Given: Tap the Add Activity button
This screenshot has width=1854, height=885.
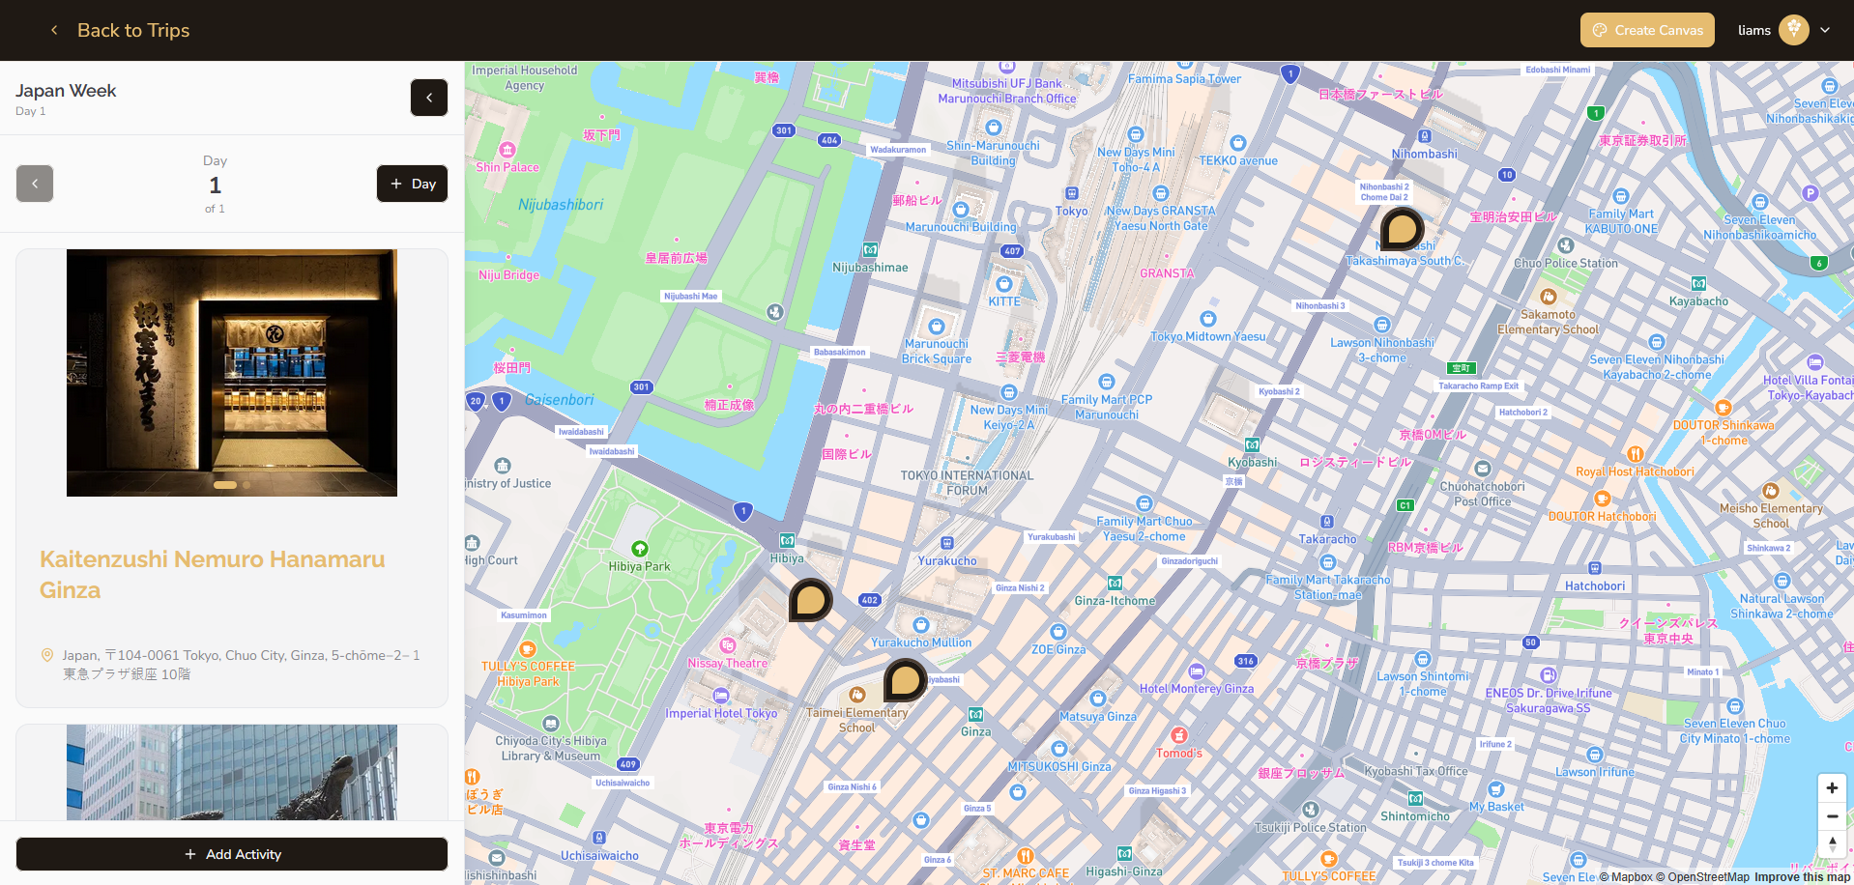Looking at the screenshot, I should point(232,854).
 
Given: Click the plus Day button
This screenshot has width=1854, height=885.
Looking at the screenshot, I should point(413,184).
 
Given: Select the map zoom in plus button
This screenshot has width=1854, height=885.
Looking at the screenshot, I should point(1832,787).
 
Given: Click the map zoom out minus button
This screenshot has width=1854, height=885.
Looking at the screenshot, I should point(1832,816).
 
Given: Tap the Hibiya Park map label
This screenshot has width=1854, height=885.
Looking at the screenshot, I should point(639,566).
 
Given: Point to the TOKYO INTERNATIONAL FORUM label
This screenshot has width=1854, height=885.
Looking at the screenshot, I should point(967,483).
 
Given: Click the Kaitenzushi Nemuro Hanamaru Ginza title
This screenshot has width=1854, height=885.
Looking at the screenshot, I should point(213,574).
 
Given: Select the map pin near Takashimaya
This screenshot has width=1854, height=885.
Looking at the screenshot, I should point(1401,229).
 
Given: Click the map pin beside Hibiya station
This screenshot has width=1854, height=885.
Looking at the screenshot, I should point(810,600).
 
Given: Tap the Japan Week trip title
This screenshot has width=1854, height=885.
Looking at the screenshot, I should point(66,91).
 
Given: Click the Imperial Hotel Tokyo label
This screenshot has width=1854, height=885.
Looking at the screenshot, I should point(721,713).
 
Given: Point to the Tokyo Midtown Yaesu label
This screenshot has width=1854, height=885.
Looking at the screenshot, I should point(1207,336).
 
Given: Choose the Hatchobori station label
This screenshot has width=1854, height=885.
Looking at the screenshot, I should point(1595,585).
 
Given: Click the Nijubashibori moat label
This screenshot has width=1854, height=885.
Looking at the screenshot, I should point(561,205).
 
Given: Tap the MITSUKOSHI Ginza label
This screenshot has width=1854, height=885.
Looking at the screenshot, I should point(1059,766).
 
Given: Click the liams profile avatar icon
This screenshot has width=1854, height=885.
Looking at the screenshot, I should point(1793,30).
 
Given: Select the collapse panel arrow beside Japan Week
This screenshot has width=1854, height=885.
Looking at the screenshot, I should point(429,98).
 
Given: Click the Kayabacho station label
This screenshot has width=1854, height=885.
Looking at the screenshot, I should point(1698,300).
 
